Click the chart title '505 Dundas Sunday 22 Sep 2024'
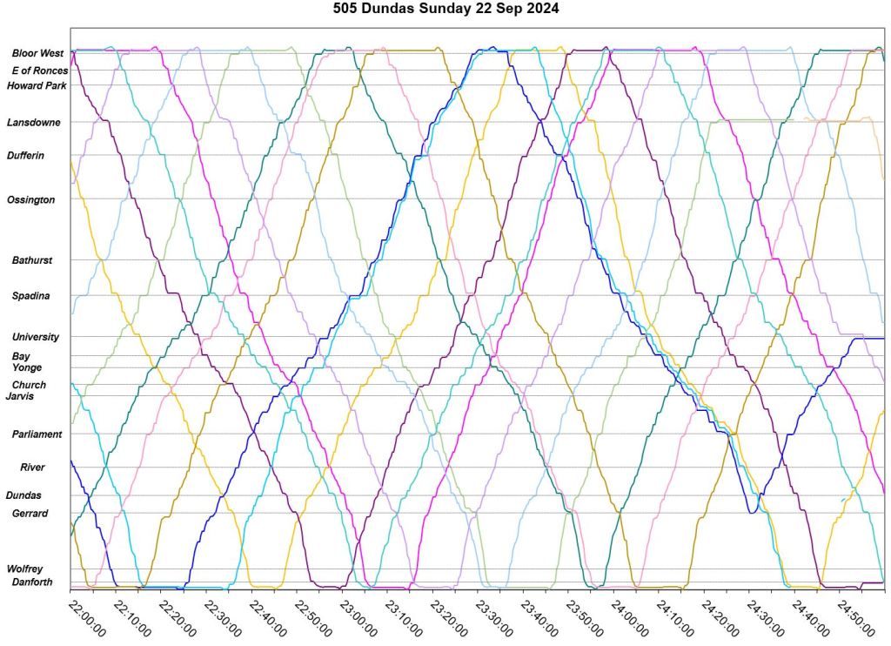[x=446, y=10]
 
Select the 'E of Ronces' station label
[x=39, y=71]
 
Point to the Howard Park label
[x=37, y=85]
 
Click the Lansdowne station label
[x=34, y=123]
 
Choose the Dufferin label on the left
[x=25, y=156]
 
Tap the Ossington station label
[x=30, y=200]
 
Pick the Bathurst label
[x=31, y=260]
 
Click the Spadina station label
[x=30, y=296]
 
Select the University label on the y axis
[x=36, y=337]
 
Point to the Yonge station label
[x=27, y=367]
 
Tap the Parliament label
[x=37, y=434]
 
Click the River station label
[x=32, y=468]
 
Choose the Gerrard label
[x=30, y=514]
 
